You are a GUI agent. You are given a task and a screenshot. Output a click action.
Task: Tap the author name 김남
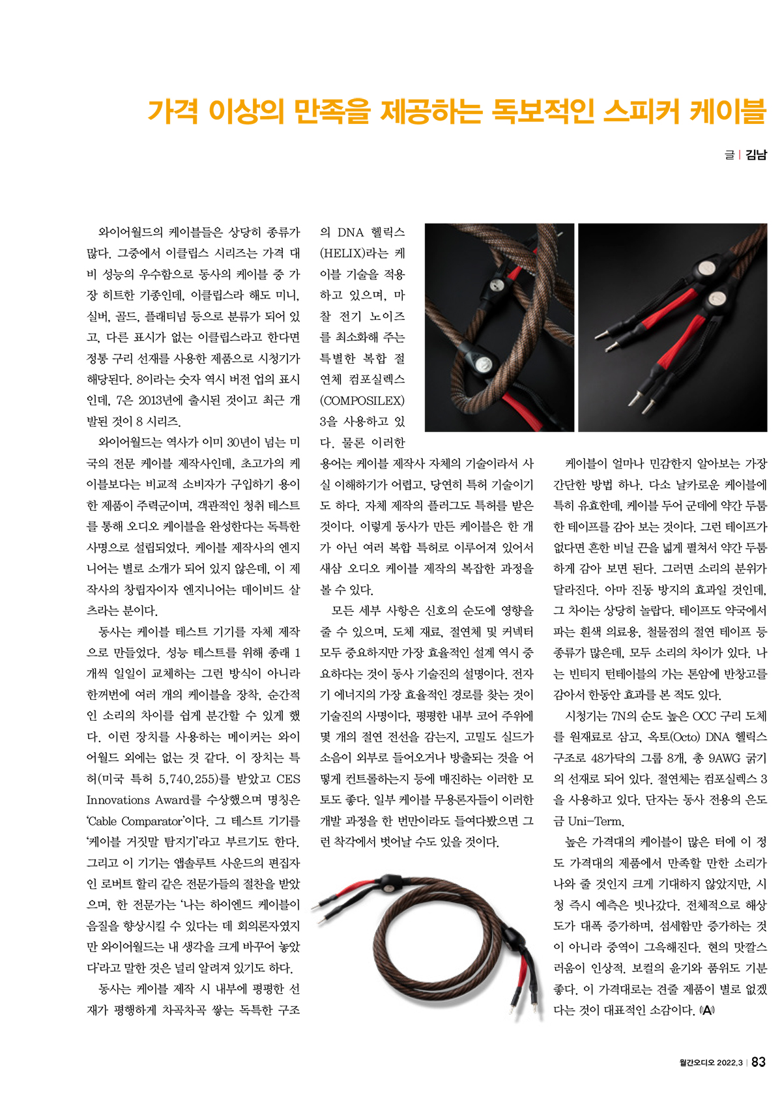(x=756, y=155)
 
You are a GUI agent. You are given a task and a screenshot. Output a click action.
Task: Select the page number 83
(x=759, y=1062)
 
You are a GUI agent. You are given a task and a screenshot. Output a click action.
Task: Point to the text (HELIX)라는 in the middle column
(x=355, y=254)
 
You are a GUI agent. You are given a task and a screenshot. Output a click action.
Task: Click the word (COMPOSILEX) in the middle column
(x=362, y=400)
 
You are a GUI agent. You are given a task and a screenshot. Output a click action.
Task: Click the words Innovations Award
(x=138, y=800)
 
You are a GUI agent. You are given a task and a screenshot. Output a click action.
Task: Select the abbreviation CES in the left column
(x=288, y=779)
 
